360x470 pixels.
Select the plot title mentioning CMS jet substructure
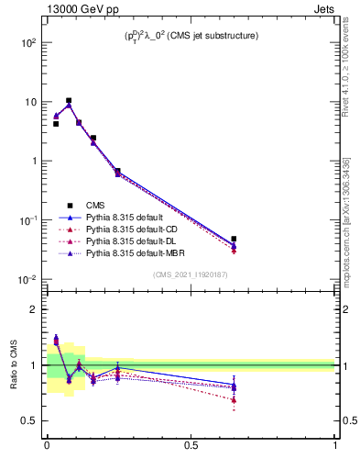point(190,35)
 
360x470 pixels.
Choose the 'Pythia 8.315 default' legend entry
point(125,217)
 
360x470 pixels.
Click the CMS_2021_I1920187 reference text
point(190,274)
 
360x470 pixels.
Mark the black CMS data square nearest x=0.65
point(234,239)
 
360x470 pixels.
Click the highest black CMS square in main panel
point(69,101)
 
